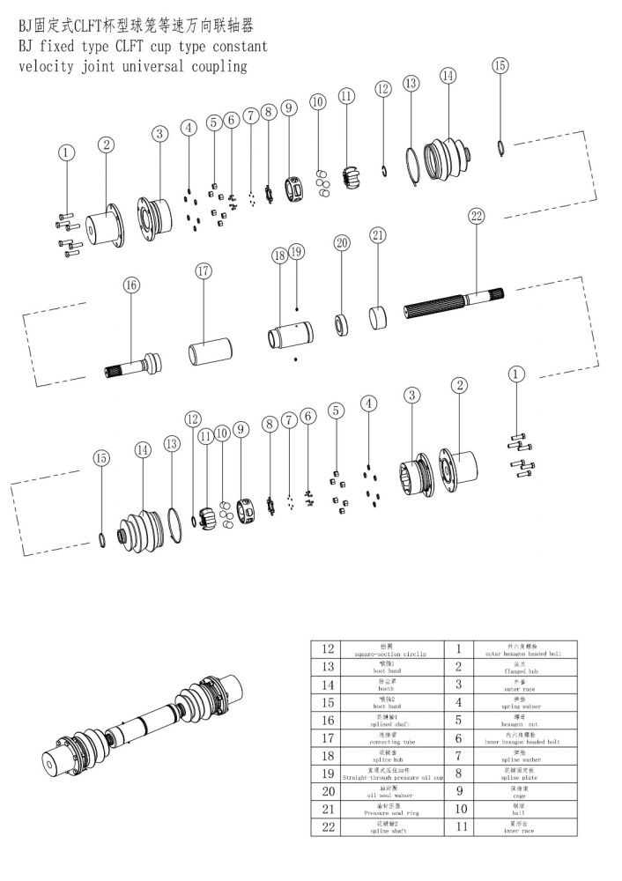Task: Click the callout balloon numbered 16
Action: tap(130, 285)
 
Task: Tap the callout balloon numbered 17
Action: tap(204, 270)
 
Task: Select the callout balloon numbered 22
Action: tap(477, 215)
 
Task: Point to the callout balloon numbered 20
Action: tap(342, 241)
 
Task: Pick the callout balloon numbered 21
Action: tap(378, 234)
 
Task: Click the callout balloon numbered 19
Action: tap(296, 252)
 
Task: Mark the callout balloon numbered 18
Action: tap(279, 255)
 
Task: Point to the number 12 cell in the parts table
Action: tap(330, 650)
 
